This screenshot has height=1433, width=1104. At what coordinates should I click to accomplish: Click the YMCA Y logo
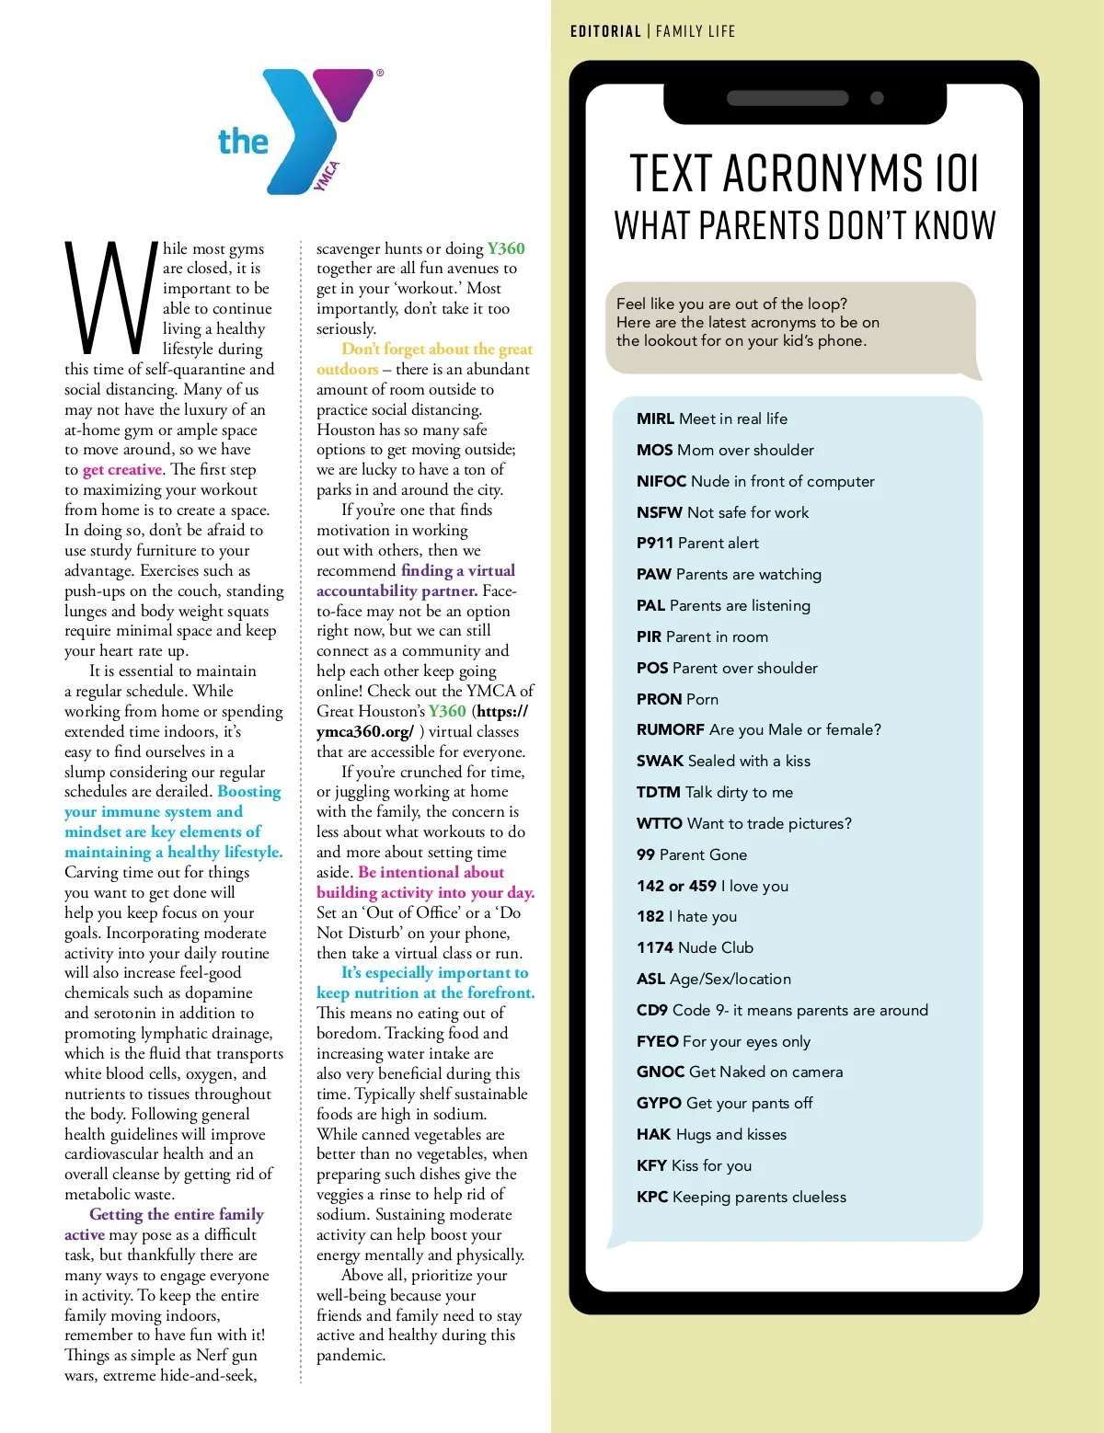coord(317,131)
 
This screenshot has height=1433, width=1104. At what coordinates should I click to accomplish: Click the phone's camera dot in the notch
coord(877,98)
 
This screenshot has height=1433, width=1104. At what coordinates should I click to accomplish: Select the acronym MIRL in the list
coord(655,419)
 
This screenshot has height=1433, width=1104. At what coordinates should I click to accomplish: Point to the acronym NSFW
coord(659,512)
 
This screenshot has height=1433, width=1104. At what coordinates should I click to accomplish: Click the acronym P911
coord(654,544)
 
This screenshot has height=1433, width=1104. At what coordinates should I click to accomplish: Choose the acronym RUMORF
coord(670,730)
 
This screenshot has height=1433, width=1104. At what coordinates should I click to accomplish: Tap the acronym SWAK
coord(660,762)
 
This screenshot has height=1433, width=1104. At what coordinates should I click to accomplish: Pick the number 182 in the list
coord(650,917)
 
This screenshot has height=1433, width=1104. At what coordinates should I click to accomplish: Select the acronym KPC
coord(651,1198)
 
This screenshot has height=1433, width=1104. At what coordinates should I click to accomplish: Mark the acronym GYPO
coord(659,1104)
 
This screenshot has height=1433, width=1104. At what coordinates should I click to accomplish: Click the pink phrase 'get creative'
coord(122,470)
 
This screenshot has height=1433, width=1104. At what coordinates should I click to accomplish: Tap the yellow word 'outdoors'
coord(347,370)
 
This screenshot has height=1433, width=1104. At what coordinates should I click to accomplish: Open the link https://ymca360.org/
coord(423,722)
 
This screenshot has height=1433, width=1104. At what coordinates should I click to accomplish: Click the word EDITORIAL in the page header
coord(605,31)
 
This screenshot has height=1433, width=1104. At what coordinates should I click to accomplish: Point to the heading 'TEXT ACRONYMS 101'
coord(804,173)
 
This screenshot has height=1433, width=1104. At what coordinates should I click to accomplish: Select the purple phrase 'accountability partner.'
coord(397,591)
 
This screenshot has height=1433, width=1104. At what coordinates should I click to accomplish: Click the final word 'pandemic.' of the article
coord(351,1356)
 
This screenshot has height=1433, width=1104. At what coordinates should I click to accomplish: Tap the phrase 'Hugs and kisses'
coord(730,1135)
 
